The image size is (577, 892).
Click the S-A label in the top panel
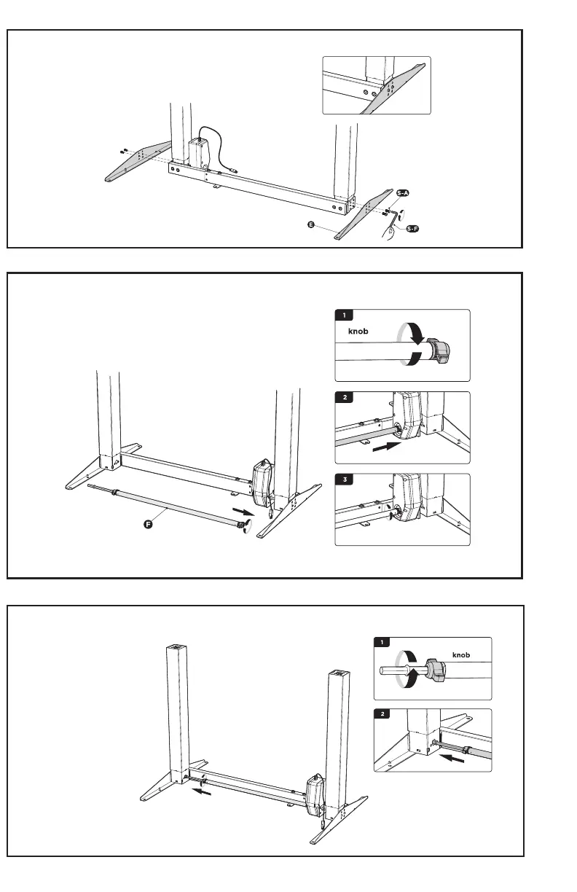(x=403, y=193)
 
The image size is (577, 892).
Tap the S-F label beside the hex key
(x=413, y=229)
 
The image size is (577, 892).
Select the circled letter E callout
(x=311, y=226)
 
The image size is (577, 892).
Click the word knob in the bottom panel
(x=460, y=654)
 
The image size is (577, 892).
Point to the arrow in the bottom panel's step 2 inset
(x=452, y=757)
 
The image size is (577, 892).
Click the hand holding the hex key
(x=392, y=231)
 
